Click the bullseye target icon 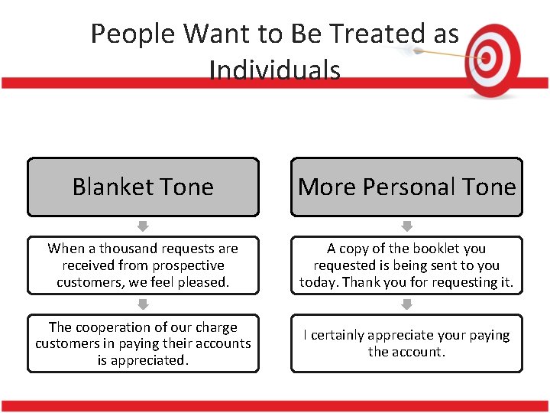point(493,59)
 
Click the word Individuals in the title point(274,70)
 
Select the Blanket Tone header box point(143,187)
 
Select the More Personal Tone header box point(406,187)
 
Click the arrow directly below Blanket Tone point(143,226)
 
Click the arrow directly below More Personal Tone point(406,226)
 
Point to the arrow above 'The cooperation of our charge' point(143,304)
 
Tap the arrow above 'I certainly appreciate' point(406,304)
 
